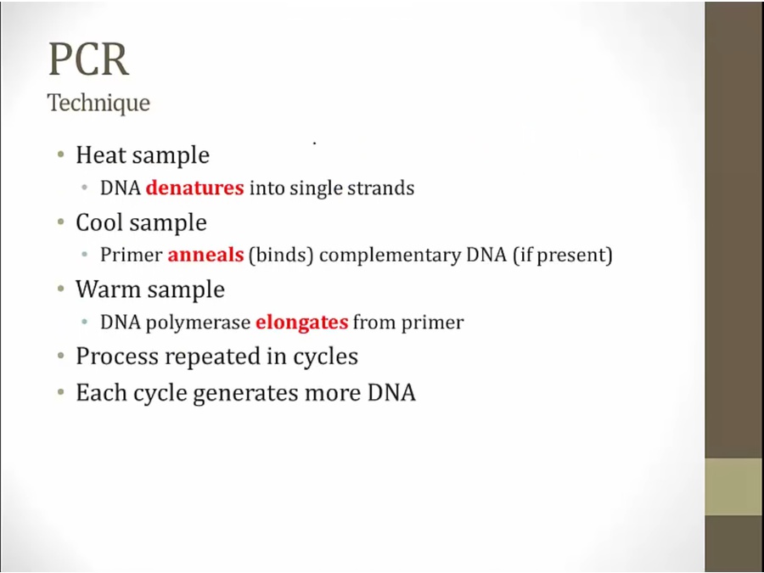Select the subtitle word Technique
tap(98, 103)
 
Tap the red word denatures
tap(195, 188)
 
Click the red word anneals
tap(205, 255)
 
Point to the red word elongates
tap(302, 323)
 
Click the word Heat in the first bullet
tap(100, 155)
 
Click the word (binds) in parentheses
tap(281, 255)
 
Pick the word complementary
tap(390, 256)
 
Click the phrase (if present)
tap(563, 255)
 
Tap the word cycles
tap(325, 357)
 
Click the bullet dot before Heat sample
tap(61, 155)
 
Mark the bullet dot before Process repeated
tap(61, 356)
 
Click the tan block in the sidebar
tap(734, 486)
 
